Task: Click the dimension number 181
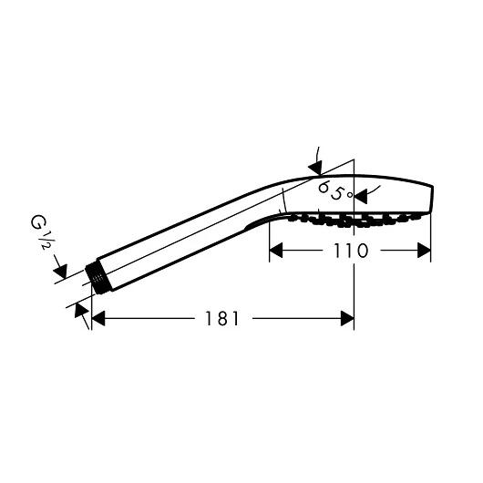(x=221, y=318)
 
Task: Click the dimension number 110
(x=350, y=251)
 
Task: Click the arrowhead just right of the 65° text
(x=361, y=195)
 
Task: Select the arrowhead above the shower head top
(x=314, y=167)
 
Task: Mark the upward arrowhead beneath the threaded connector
(x=83, y=315)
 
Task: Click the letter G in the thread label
(x=37, y=221)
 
